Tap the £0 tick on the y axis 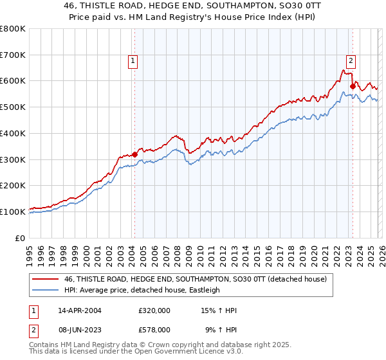tap(21, 238)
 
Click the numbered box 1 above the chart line tap(133, 61)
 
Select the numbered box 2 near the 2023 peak tap(351, 61)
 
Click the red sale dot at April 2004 tap(134, 154)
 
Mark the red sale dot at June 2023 tap(352, 86)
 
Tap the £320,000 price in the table tap(154, 310)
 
